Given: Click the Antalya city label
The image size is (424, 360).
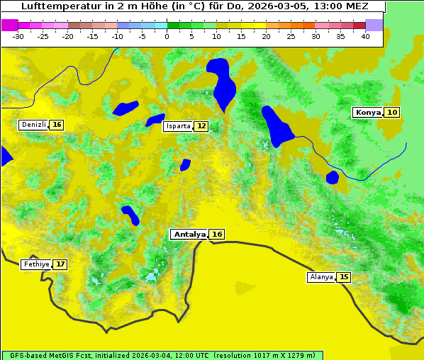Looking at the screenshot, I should click(189, 234).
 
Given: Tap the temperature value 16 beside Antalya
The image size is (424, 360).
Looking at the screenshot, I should click(217, 234).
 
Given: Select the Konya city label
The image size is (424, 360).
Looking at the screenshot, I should click(367, 112).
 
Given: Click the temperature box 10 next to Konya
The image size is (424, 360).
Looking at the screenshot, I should click(392, 112).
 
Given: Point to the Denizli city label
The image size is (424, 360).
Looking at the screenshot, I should click(33, 125).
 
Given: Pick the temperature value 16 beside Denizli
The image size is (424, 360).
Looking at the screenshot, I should click(57, 125).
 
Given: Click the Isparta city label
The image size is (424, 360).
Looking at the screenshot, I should click(177, 126).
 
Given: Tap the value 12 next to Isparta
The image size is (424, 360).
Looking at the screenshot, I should click(201, 126).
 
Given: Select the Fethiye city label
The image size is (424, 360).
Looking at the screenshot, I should click(36, 264).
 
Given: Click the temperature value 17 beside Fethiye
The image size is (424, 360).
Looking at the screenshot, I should click(61, 264).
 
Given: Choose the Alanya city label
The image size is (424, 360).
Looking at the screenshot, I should click(321, 277).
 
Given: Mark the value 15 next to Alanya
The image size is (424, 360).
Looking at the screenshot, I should click(344, 277).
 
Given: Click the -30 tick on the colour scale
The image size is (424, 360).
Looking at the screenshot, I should click(18, 36).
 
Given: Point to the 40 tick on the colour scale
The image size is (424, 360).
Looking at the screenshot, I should click(365, 36).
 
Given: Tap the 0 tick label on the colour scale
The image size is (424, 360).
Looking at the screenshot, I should click(167, 36).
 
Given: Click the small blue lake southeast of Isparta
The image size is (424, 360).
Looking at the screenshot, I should click(185, 164).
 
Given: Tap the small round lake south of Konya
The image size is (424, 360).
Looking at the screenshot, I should click(333, 177).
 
